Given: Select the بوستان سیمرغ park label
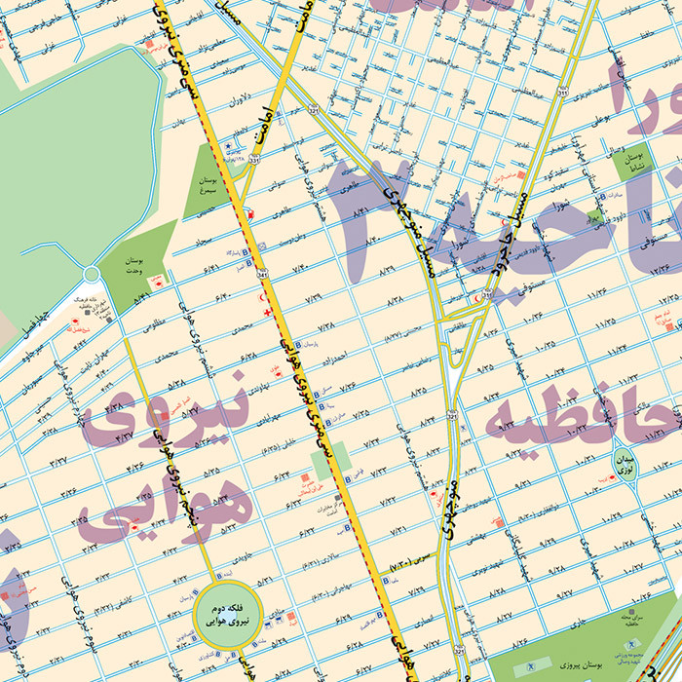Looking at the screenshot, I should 206,186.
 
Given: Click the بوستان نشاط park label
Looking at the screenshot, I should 634,161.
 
